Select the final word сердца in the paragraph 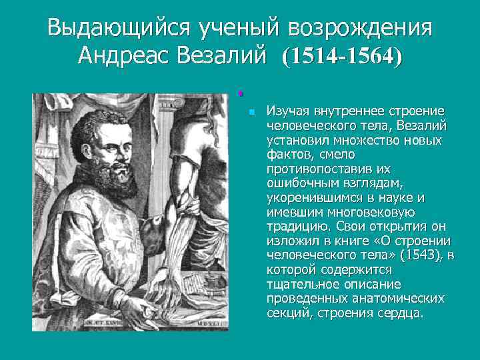[403, 313]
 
